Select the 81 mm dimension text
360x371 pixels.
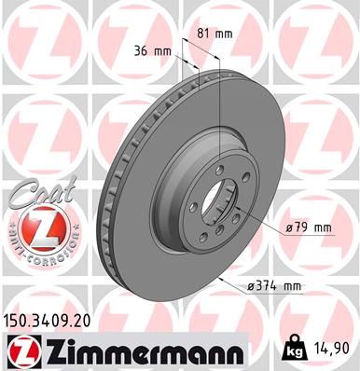pos(215,34)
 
